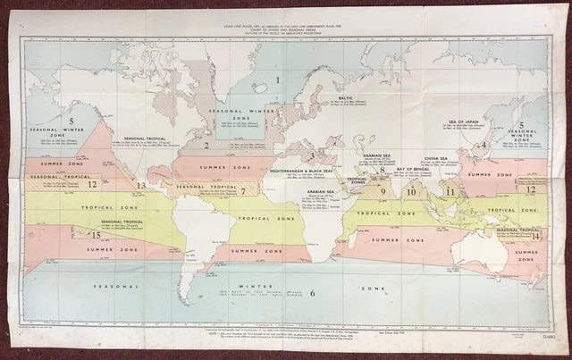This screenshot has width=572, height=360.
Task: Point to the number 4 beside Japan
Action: (484, 144)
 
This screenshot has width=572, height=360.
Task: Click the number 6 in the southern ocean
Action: (312, 293)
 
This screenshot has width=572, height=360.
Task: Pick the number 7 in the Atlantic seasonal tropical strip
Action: (242, 191)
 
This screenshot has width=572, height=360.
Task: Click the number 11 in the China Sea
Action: (450, 191)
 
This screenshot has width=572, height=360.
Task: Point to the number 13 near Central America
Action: (141, 185)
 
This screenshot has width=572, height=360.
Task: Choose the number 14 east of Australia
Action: (535, 236)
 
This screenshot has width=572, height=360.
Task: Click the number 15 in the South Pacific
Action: (96, 234)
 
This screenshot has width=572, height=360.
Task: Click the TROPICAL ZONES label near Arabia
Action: (357, 180)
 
